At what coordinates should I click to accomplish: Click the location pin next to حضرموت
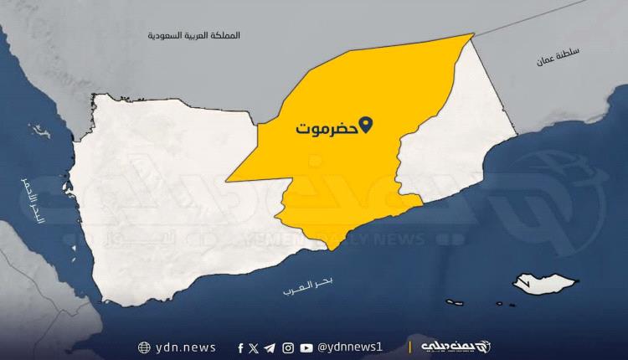pos(365,128)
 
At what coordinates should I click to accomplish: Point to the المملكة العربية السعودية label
pos(193,37)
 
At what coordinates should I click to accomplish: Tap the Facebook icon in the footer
pos(240,347)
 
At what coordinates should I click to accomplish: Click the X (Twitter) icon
pos(254,347)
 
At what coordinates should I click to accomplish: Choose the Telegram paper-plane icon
pos(270,347)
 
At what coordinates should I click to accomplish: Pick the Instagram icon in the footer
pos(288,347)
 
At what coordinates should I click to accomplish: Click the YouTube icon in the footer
pos(306,347)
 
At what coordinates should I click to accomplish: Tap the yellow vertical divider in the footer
pos(410,347)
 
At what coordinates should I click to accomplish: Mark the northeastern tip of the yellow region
pos(473,35)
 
